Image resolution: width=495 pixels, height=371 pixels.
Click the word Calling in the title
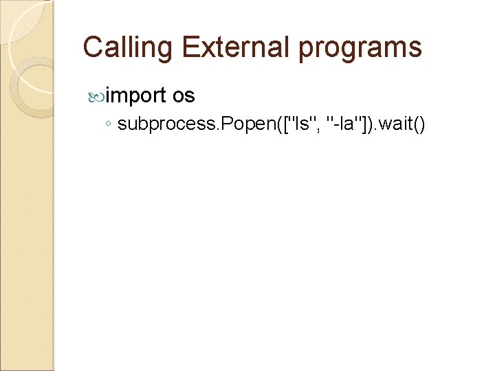coord(129,47)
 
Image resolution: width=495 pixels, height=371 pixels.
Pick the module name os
coord(184,95)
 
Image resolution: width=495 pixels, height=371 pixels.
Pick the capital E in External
coord(190,47)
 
